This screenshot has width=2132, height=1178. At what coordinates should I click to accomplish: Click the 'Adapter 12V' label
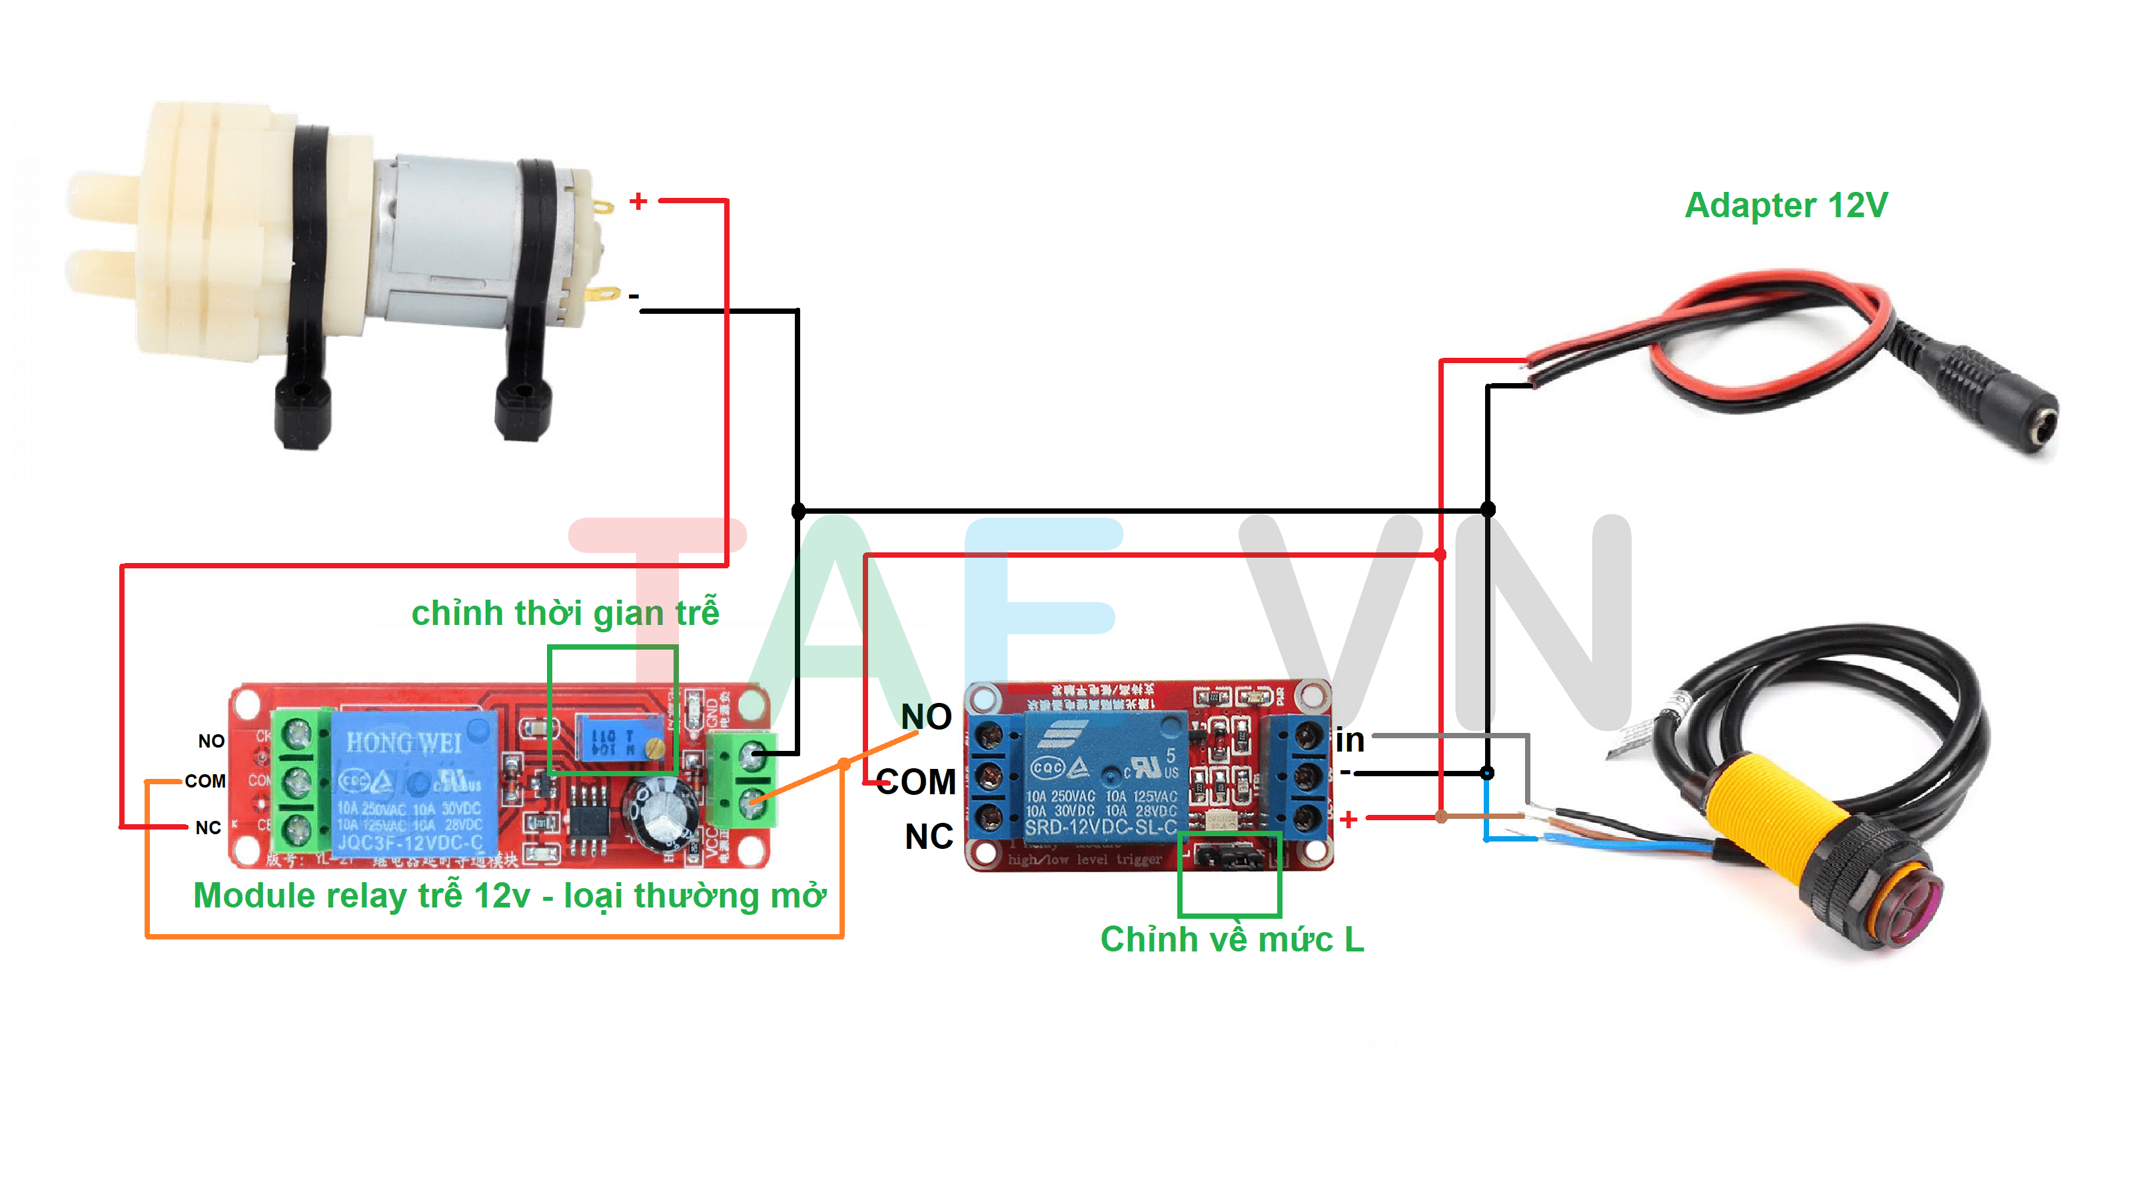click(x=1786, y=205)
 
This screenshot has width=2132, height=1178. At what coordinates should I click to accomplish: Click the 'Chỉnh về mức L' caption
click(x=1231, y=939)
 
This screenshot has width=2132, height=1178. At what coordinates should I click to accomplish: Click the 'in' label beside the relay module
click(x=1349, y=740)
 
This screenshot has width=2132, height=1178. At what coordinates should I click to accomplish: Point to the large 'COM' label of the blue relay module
click(x=915, y=782)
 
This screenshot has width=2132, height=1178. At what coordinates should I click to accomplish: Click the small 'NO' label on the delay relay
click(x=211, y=741)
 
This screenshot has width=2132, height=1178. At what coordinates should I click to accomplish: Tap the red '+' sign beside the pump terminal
click(x=638, y=201)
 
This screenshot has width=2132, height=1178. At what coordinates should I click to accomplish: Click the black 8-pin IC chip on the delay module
click(x=588, y=820)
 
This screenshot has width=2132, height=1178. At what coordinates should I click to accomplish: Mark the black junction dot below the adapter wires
click(x=1487, y=509)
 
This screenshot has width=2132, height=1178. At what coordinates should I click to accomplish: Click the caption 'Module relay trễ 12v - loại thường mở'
click(x=509, y=895)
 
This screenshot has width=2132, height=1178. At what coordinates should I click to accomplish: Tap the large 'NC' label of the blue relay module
click(x=929, y=837)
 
